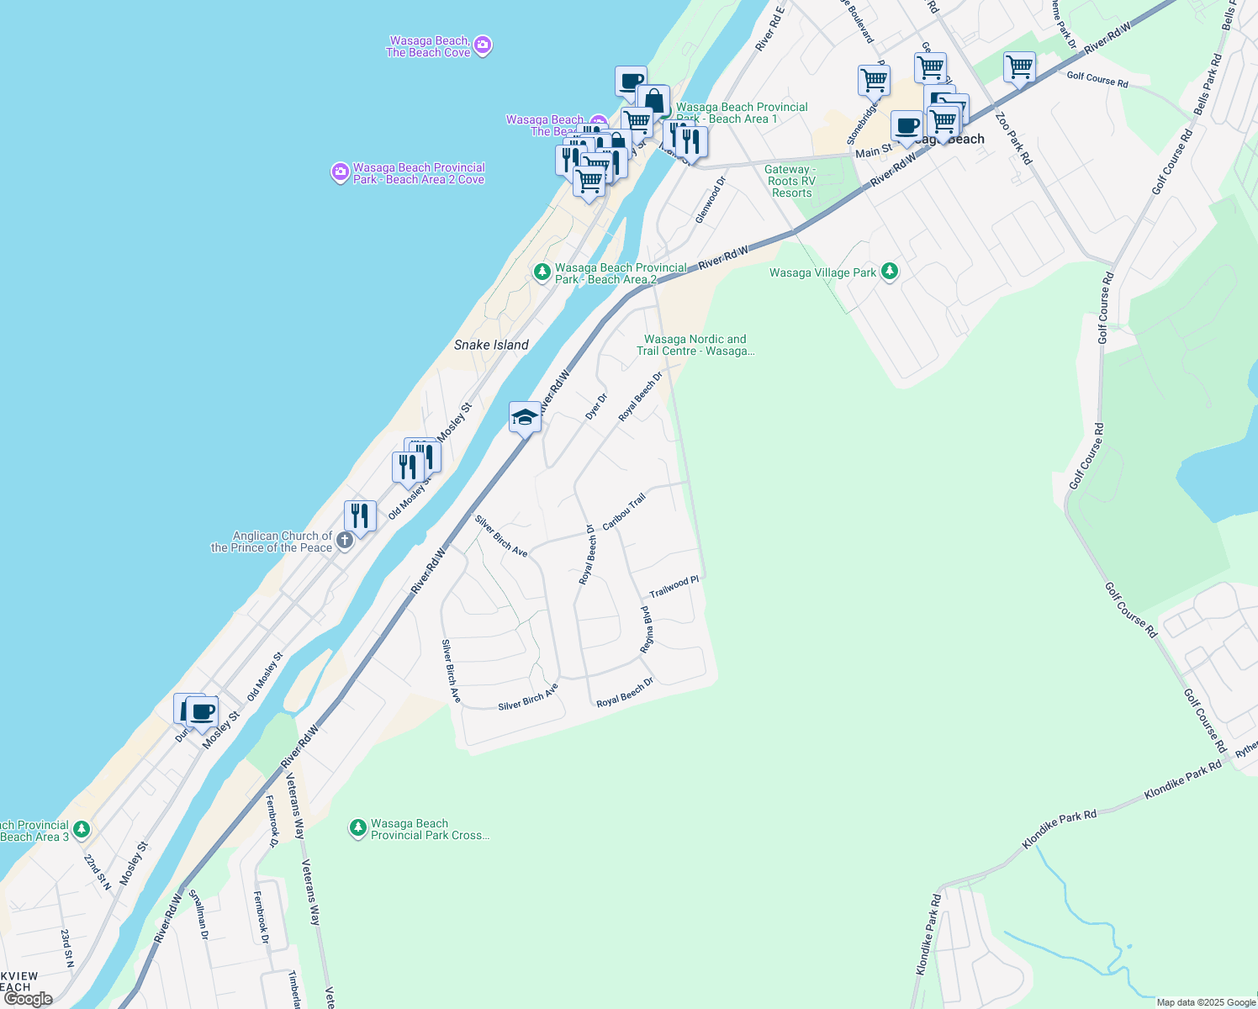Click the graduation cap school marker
525,417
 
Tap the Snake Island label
491,345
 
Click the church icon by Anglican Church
344,541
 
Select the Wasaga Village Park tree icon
890,272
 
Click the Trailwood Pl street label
674,587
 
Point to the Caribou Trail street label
624,512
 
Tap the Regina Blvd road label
647,629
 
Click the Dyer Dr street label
595,407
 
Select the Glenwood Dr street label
710,200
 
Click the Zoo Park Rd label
1012,136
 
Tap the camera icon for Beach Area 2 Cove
340,172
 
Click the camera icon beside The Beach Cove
483,45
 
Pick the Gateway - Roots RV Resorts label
790,181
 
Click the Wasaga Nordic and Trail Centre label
695,345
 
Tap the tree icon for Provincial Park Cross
357,829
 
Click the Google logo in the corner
28,999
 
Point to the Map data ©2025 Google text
1206,1002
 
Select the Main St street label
874,152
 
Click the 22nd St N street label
98,872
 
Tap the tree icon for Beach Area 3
82,830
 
